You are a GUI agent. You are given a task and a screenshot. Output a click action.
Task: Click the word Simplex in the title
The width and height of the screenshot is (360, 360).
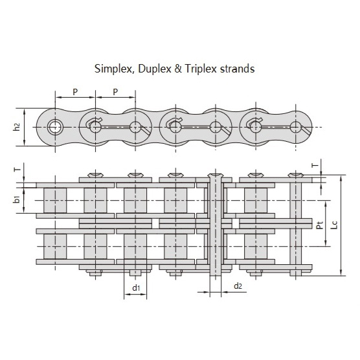click(113, 69)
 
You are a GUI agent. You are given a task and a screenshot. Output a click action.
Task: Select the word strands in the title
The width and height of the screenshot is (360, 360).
click(238, 69)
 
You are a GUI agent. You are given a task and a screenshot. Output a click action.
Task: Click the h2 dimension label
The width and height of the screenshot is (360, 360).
click(16, 127)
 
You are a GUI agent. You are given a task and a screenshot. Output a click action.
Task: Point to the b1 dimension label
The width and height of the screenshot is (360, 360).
click(16, 199)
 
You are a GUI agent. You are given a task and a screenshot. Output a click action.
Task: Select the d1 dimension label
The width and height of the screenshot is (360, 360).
click(136, 287)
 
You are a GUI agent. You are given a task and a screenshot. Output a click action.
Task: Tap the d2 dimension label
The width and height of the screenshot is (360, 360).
click(238, 286)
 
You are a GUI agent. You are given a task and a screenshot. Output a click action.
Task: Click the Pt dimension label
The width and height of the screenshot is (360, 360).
click(320, 225)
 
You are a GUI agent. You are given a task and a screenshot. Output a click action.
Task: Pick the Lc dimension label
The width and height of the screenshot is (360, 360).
click(334, 225)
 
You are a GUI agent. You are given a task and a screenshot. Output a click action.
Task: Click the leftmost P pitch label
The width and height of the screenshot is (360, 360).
click(75, 92)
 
